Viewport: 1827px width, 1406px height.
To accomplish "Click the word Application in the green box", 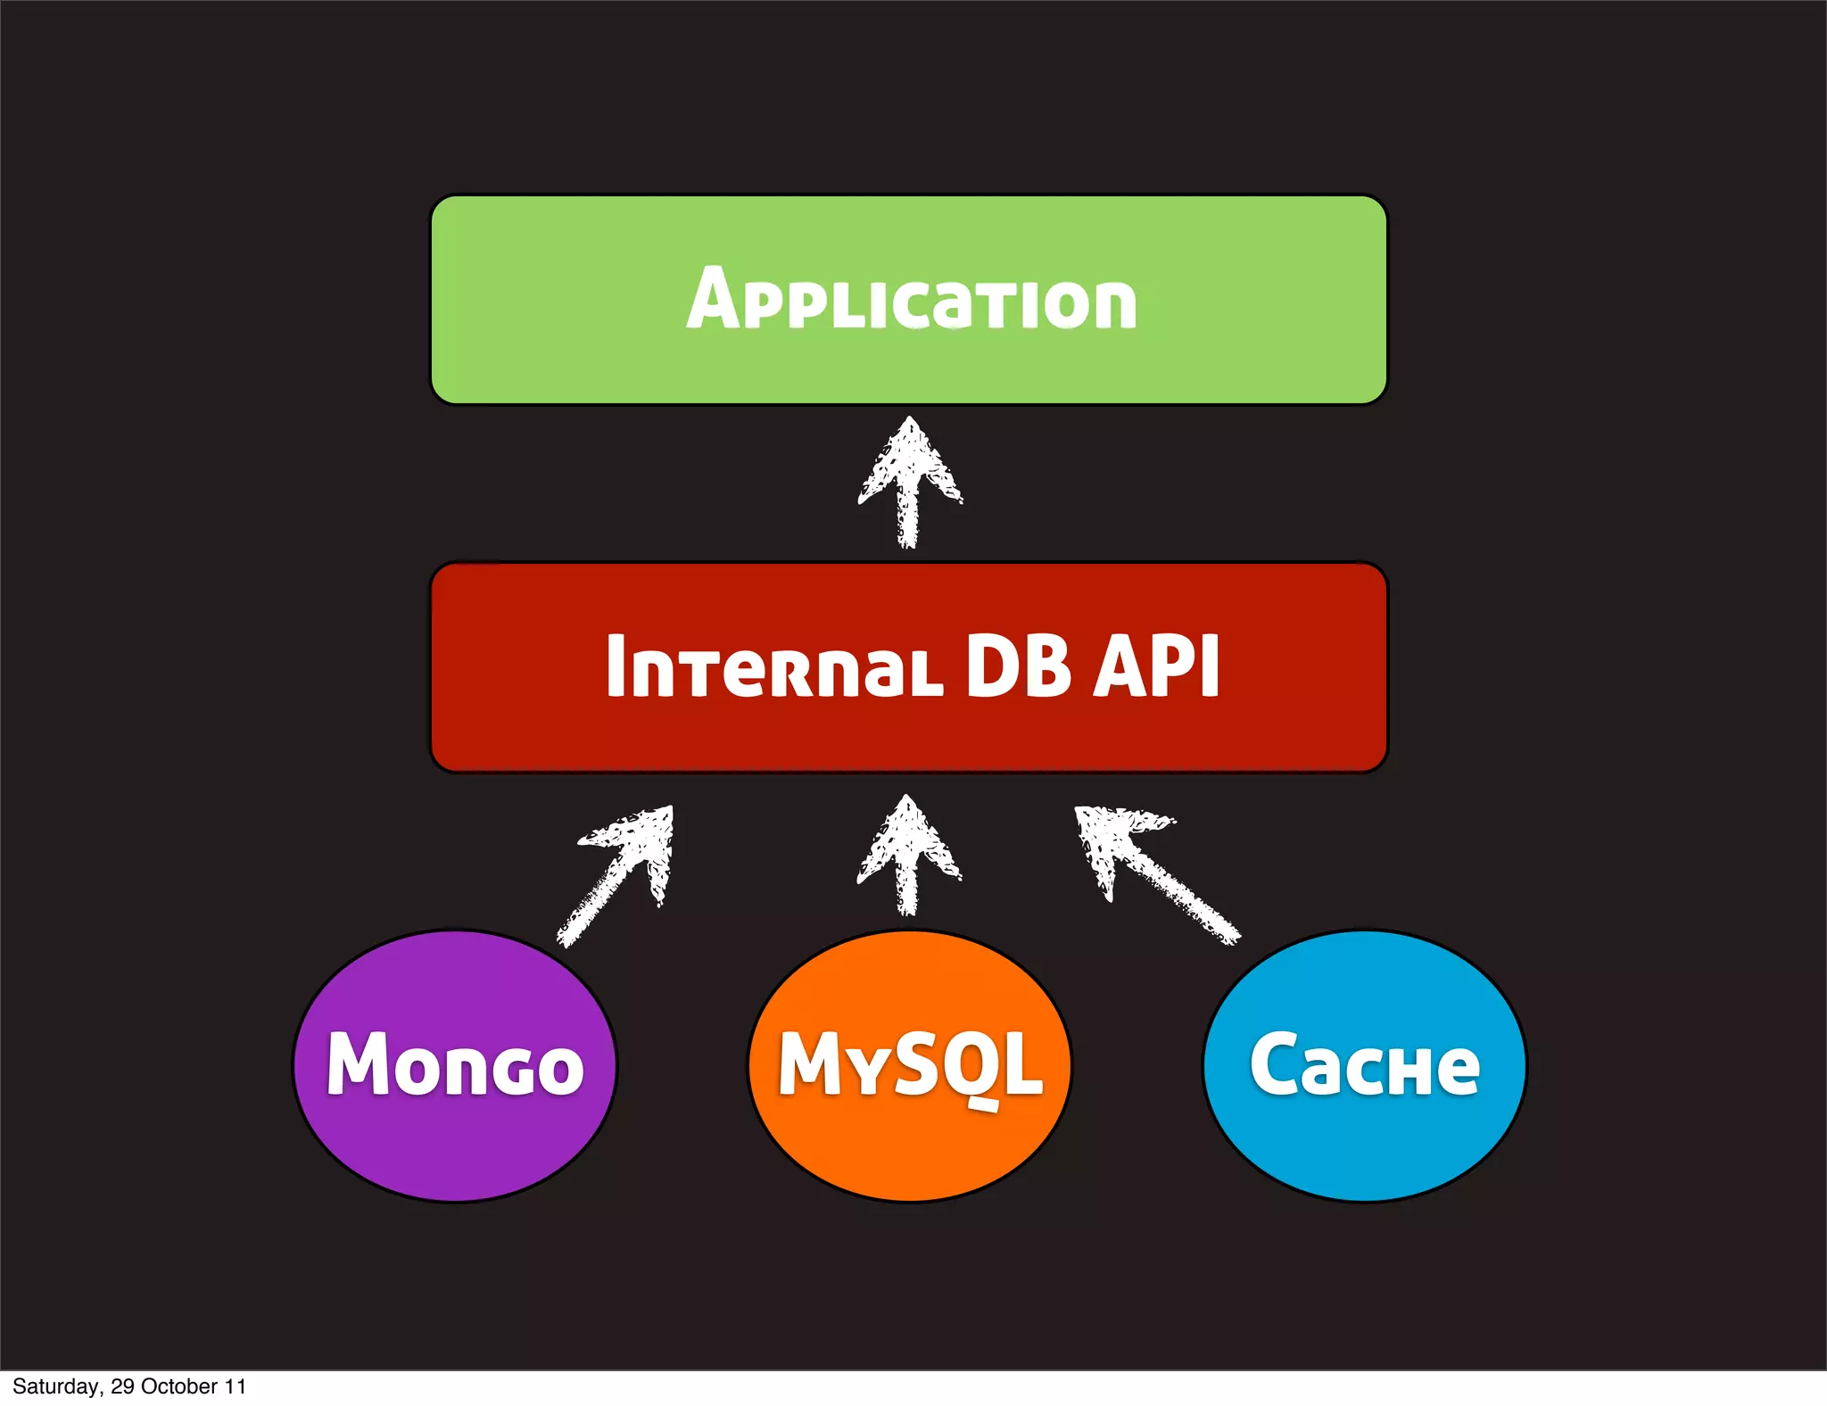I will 911,300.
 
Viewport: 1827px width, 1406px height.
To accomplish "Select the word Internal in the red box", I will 773,666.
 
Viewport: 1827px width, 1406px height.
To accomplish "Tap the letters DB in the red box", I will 1018,666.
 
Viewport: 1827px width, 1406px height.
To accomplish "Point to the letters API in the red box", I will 1157,666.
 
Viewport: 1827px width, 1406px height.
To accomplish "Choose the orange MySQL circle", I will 909,1142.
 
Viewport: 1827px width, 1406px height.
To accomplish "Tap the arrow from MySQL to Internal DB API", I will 908,856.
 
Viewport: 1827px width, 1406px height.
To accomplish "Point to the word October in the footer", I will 179,1386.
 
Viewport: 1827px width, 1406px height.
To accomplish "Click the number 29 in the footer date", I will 122,1386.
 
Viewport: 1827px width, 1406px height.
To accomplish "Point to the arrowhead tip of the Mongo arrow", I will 670,809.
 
